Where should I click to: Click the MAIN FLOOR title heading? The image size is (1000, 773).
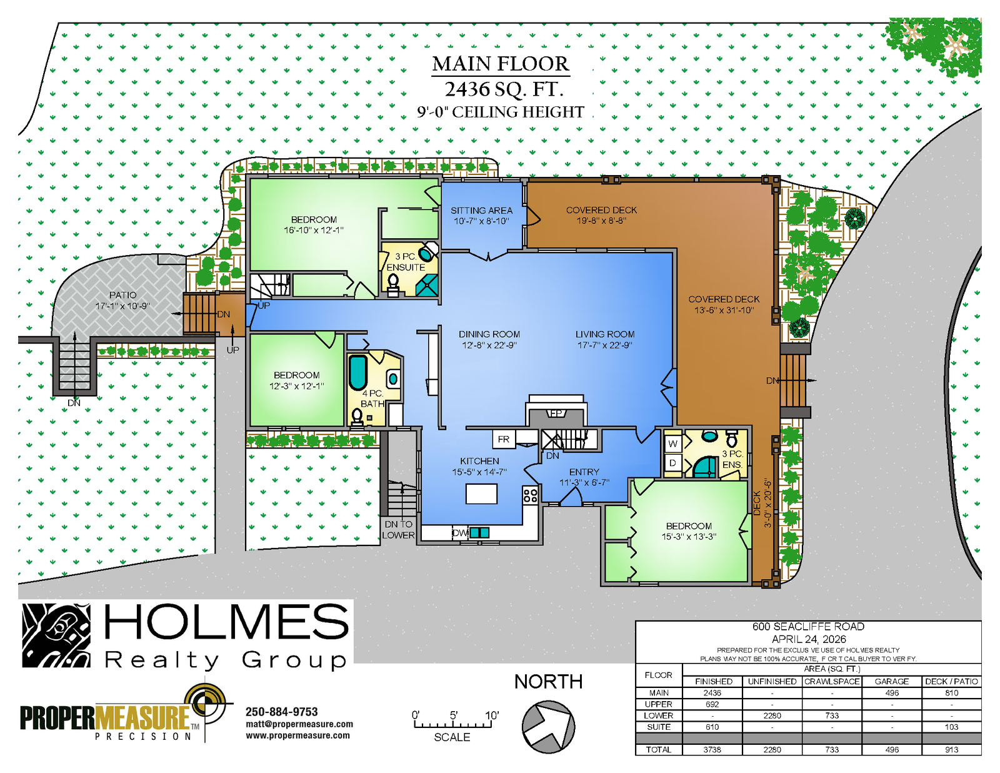[501, 64]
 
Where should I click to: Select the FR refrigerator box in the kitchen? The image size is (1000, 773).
[504, 439]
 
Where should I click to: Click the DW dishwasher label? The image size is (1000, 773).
[460, 533]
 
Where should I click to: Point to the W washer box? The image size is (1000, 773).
[672, 444]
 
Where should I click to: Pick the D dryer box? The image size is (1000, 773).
[672, 463]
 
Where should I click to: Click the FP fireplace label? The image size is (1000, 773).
[556, 413]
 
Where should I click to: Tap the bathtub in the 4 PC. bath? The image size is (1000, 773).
[357, 373]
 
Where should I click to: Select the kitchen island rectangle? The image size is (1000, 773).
[481, 493]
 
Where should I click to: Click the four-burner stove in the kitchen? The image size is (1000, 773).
[530, 495]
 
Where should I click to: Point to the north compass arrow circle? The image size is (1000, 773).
[548, 727]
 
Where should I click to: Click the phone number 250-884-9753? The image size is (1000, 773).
[282, 712]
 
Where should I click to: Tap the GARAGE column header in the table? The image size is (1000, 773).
[891, 682]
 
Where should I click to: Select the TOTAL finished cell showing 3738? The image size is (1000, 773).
[712, 750]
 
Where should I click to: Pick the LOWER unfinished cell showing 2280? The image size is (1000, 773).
[772, 715]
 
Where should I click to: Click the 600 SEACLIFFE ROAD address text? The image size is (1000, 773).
[808, 627]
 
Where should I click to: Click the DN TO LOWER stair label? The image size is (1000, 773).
[399, 530]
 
